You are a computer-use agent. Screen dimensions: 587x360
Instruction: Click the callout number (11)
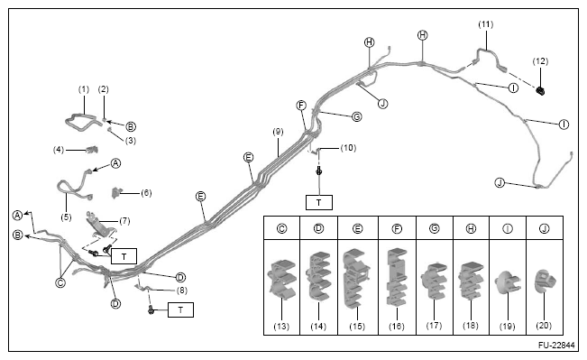485,24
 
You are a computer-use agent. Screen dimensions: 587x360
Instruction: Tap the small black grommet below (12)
540,90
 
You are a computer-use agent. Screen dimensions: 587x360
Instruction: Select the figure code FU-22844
556,345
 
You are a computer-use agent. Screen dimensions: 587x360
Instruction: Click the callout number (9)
278,132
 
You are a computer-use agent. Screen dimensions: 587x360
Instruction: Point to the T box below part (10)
319,203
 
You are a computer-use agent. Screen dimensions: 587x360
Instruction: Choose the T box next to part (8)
181,310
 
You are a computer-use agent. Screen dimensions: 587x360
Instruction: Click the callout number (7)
124,221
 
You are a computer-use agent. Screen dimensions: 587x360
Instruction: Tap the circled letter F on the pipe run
301,106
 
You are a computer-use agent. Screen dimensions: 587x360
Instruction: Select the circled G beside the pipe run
357,117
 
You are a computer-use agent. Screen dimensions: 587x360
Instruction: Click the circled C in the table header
282,228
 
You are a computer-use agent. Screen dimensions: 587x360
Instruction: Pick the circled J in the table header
545,228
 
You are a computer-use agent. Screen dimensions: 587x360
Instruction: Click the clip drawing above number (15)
356,278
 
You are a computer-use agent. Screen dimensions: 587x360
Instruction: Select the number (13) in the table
281,327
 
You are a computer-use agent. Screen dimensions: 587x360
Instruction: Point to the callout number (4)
59,150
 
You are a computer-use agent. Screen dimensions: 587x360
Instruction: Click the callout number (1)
84,89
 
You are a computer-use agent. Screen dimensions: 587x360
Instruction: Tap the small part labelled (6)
117,192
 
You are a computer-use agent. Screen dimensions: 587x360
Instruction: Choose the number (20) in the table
544,326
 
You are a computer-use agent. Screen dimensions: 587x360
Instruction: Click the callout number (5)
66,217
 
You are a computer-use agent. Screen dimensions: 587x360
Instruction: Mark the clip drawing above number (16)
397,277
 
